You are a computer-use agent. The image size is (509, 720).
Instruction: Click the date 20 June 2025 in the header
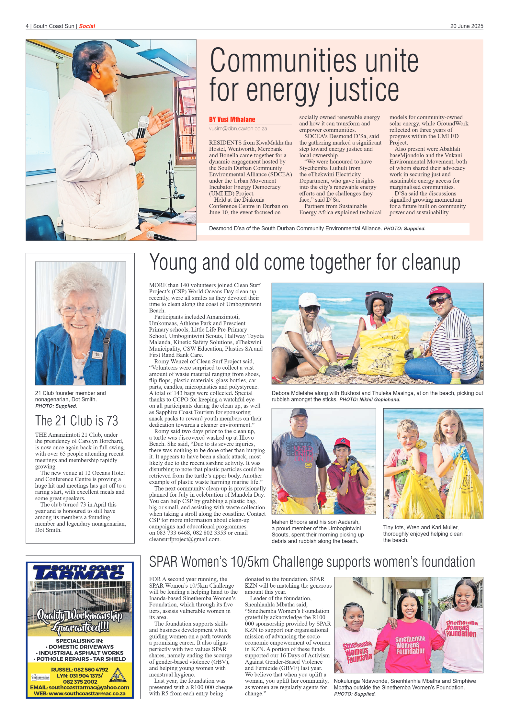coord(466,26)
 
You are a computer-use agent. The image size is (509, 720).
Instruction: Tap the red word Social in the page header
coord(87,26)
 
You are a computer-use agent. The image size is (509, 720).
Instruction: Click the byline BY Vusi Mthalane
coord(232,119)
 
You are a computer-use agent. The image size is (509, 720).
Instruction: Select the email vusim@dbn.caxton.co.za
coord(238,129)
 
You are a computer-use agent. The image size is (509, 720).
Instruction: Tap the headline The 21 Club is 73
coord(76,421)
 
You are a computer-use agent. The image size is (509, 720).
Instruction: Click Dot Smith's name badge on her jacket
coord(98,355)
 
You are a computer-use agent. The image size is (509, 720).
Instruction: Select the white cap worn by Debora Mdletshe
coord(309,299)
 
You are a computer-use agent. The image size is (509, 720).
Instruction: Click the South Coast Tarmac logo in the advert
coord(79,572)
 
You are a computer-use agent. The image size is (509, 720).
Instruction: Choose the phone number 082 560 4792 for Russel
coord(91,669)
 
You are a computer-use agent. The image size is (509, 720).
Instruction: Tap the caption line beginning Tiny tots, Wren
coord(421,527)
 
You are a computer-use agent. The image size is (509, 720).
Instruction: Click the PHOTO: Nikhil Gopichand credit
coord(370,399)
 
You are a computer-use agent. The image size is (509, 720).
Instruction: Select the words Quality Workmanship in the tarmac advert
coord(80,615)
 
